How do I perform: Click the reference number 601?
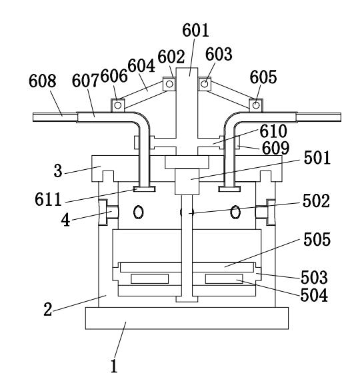[x=195, y=30]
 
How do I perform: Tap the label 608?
[x=43, y=81]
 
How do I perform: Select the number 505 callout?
[x=317, y=239]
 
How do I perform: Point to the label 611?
[x=48, y=199]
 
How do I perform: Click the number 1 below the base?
[x=114, y=366]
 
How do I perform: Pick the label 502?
[x=316, y=201]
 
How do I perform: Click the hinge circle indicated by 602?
[x=169, y=84]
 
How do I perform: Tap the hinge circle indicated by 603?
[x=204, y=84]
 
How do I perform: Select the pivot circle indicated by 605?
[x=256, y=105]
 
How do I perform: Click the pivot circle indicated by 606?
[x=118, y=105]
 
